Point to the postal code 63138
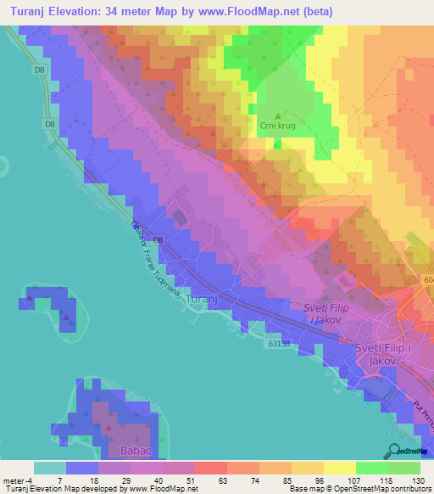(284, 344)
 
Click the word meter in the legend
(14, 480)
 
